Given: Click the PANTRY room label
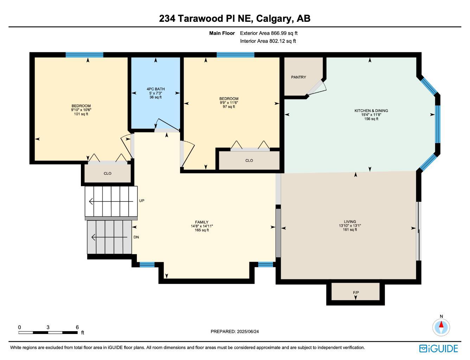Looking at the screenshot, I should (298, 77).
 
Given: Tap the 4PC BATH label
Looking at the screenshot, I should (155, 89).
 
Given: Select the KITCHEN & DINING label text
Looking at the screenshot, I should (371, 111).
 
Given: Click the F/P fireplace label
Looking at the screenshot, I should (356, 292).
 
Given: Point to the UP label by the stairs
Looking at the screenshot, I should (141, 201).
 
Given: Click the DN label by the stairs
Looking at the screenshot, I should (136, 237).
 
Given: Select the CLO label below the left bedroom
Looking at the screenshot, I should (107, 173).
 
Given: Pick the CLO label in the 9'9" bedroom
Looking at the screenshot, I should (249, 161).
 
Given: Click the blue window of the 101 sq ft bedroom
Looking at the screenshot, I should (84, 54).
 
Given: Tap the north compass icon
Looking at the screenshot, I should (441, 327).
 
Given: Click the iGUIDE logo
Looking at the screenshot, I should (438, 348).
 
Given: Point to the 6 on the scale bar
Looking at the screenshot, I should (77, 327).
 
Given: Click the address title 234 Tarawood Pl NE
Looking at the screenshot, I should (235, 18).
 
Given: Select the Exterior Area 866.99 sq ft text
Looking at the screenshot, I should (269, 33).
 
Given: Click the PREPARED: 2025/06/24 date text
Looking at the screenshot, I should (235, 331).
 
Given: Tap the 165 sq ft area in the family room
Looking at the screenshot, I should (202, 230).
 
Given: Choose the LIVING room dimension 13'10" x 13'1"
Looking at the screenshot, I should (350, 226).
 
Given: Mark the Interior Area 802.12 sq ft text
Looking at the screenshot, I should (268, 41).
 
